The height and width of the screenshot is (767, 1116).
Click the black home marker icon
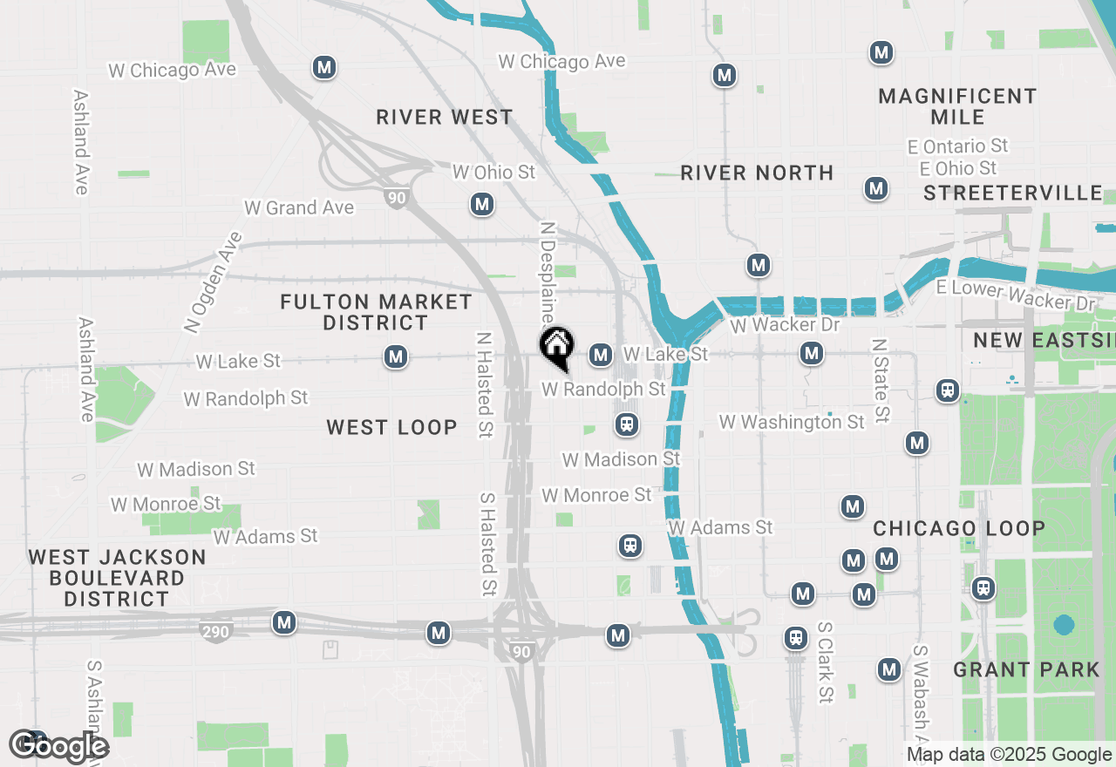click(556, 346)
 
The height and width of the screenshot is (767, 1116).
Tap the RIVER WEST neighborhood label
click(445, 117)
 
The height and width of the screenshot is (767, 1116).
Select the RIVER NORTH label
click(757, 173)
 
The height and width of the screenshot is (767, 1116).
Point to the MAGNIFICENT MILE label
click(957, 106)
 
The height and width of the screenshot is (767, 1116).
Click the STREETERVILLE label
click(1013, 193)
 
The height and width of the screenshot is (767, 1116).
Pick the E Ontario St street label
click(964, 146)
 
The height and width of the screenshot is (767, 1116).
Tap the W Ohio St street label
click(493, 173)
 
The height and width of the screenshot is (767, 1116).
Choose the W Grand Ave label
click(299, 207)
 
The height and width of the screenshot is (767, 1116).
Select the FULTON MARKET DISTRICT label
click(377, 312)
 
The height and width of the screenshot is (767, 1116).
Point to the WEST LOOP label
click(391, 427)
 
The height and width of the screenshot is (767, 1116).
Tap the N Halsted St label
click(485, 383)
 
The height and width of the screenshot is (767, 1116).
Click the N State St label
click(881, 381)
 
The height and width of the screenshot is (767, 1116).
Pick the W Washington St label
click(792, 422)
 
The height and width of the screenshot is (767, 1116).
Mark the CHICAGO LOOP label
click(959, 528)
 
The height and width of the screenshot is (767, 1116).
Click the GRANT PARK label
click(1026, 669)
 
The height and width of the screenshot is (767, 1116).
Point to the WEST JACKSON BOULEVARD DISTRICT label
click(117, 578)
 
